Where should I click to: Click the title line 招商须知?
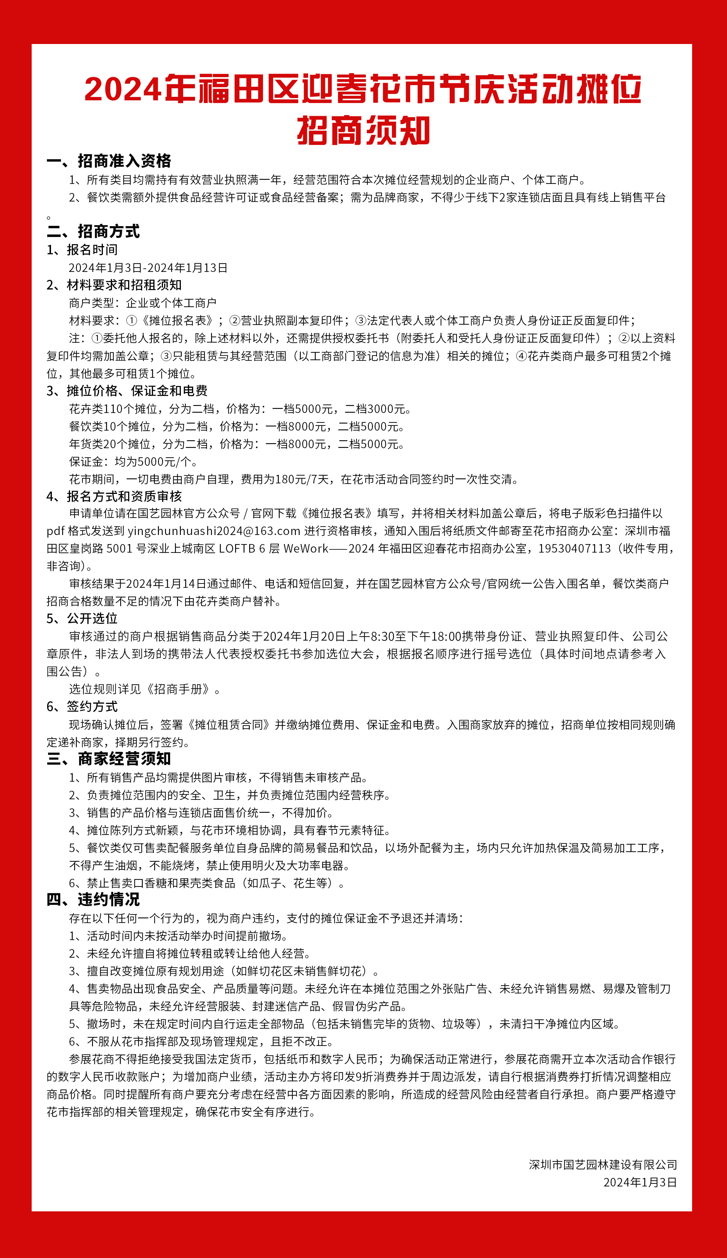(363, 131)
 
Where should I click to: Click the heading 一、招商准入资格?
(109, 161)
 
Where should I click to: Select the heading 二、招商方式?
(93, 231)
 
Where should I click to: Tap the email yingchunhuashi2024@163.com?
(214, 531)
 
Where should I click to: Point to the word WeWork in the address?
(306, 548)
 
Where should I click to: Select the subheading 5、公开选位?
(82, 619)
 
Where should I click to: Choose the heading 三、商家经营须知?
(109, 759)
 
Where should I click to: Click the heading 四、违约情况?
(93, 900)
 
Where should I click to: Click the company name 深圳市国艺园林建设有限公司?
(603, 1165)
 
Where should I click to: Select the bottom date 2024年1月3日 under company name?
(640, 1182)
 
